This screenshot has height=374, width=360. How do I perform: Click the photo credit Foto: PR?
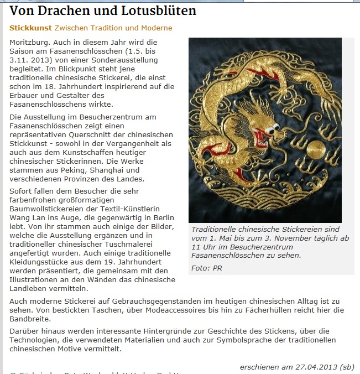(206, 268)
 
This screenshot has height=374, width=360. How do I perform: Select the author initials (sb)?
(348, 366)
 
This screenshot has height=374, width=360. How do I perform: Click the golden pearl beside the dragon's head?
(315, 148)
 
